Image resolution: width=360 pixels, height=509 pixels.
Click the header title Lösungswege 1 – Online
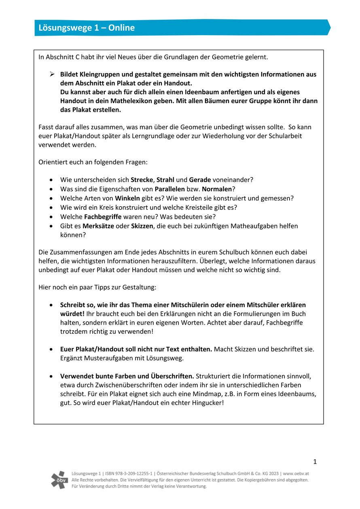click(x=87, y=28)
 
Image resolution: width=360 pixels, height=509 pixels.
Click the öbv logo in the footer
click(x=59, y=479)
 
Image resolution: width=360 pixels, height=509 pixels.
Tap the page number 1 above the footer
click(x=315, y=462)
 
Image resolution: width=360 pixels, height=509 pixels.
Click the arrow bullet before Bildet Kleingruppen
click(x=52, y=74)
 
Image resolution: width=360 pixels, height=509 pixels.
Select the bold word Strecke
click(x=142, y=179)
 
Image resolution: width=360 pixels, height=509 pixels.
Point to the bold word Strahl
click(x=165, y=179)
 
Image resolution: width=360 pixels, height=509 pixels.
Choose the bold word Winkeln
click(x=127, y=198)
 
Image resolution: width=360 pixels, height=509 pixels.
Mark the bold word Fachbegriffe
click(x=102, y=217)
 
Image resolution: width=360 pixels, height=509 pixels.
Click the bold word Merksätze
click(x=98, y=226)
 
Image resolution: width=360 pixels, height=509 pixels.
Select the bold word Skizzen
click(x=142, y=226)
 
